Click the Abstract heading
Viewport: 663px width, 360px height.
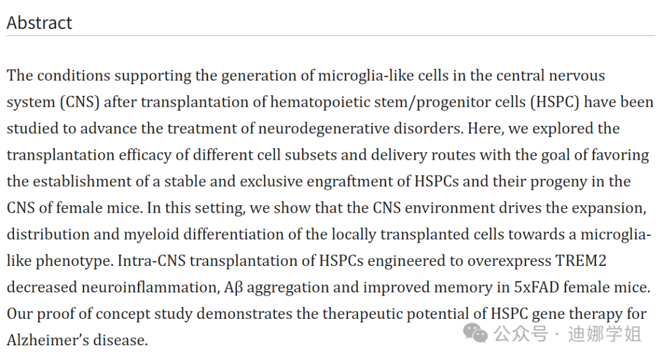pyautogui.click(x=39, y=23)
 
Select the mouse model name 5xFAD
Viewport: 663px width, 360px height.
pyautogui.click(x=540, y=287)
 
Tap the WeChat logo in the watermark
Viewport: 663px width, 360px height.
pyautogui.click(x=476, y=334)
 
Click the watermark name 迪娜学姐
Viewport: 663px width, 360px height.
pyautogui.click(x=604, y=334)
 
